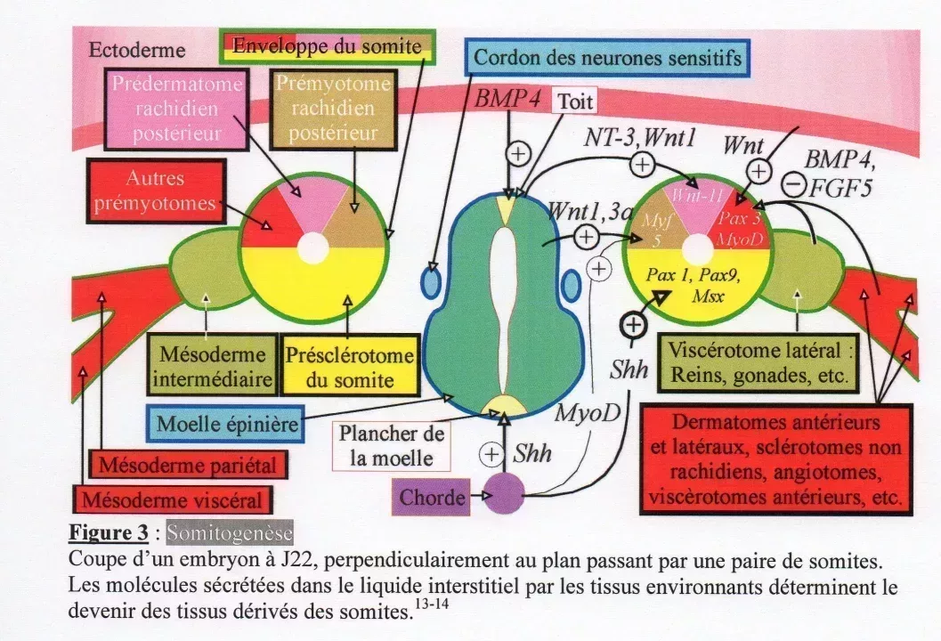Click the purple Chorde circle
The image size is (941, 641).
pos(505,494)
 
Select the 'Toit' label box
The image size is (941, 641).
pos(575,101)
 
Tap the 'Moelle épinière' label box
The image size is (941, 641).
pos(227,424)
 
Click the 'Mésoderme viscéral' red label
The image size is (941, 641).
pos(173,498)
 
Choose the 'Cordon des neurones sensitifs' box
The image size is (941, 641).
pos(607,58)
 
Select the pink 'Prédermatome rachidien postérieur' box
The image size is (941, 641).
pos(176,109)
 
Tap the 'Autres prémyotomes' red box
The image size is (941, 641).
pos(155,191)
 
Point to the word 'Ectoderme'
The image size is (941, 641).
pos(137,50)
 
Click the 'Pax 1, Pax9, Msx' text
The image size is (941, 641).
pos(698,284)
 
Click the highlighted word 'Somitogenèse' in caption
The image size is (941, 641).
pos(230,533)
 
